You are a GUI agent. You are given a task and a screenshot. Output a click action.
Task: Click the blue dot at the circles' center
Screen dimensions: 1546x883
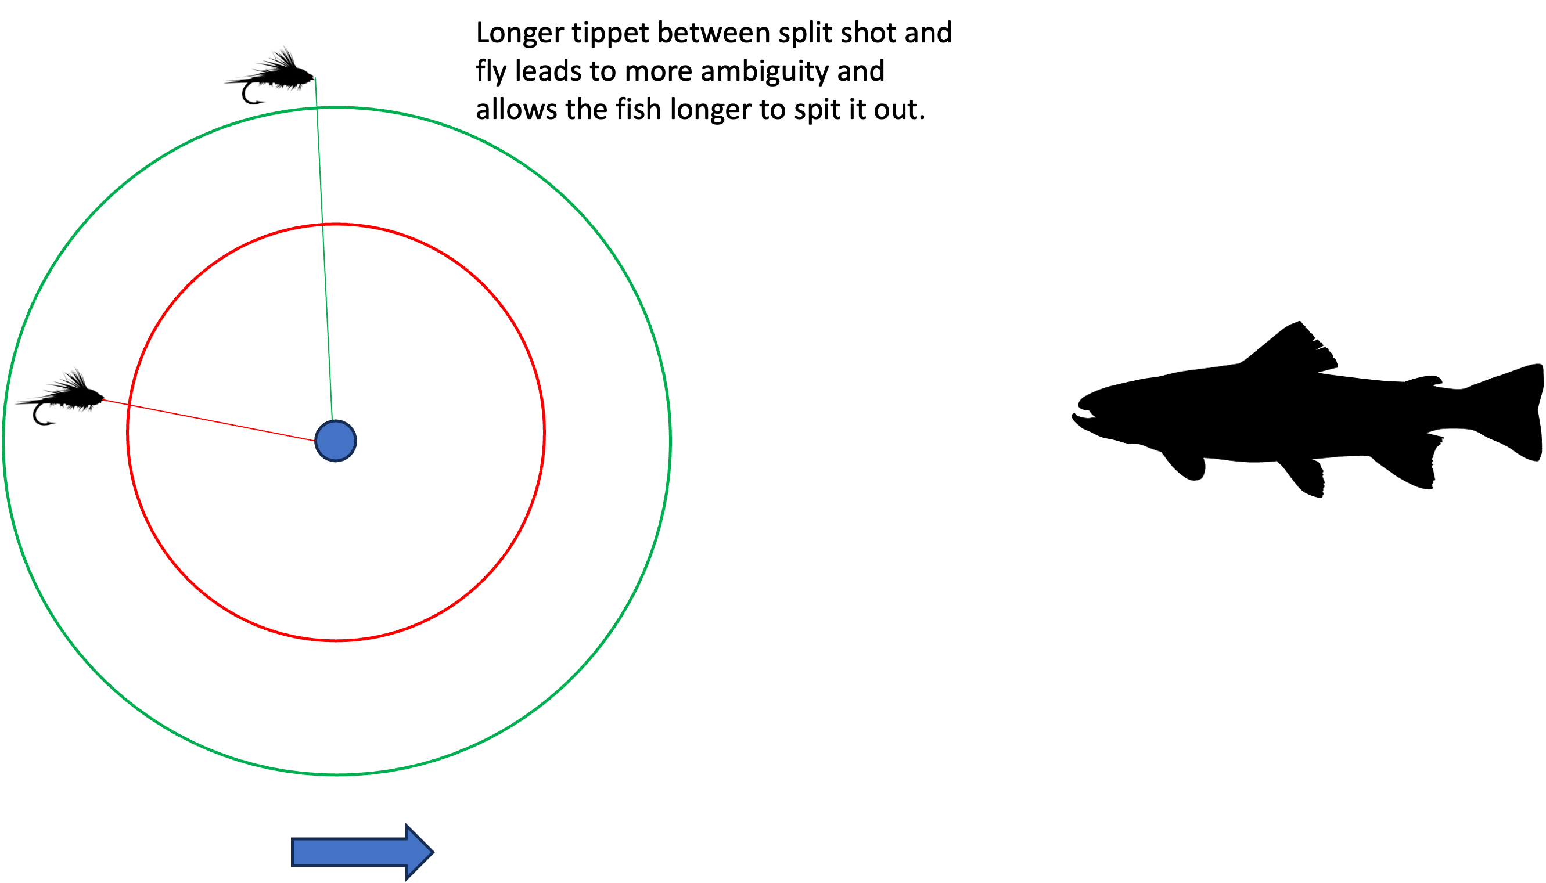point(336,441)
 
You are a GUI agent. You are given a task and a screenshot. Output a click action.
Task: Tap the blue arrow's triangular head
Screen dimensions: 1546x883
point(419,852)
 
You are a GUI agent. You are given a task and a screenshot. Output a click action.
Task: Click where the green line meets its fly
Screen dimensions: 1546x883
point(315,79)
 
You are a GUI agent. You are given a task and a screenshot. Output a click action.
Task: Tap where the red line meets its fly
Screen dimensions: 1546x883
point(103,400)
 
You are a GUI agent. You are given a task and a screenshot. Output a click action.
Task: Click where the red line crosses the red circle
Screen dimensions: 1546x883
point(128,405)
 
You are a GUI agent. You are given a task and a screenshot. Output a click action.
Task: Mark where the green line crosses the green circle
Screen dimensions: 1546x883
point(317,108)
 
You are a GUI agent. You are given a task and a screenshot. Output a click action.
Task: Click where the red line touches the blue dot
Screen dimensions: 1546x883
point(315,441)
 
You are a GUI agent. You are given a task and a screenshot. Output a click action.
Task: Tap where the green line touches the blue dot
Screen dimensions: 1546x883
point(332,420)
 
